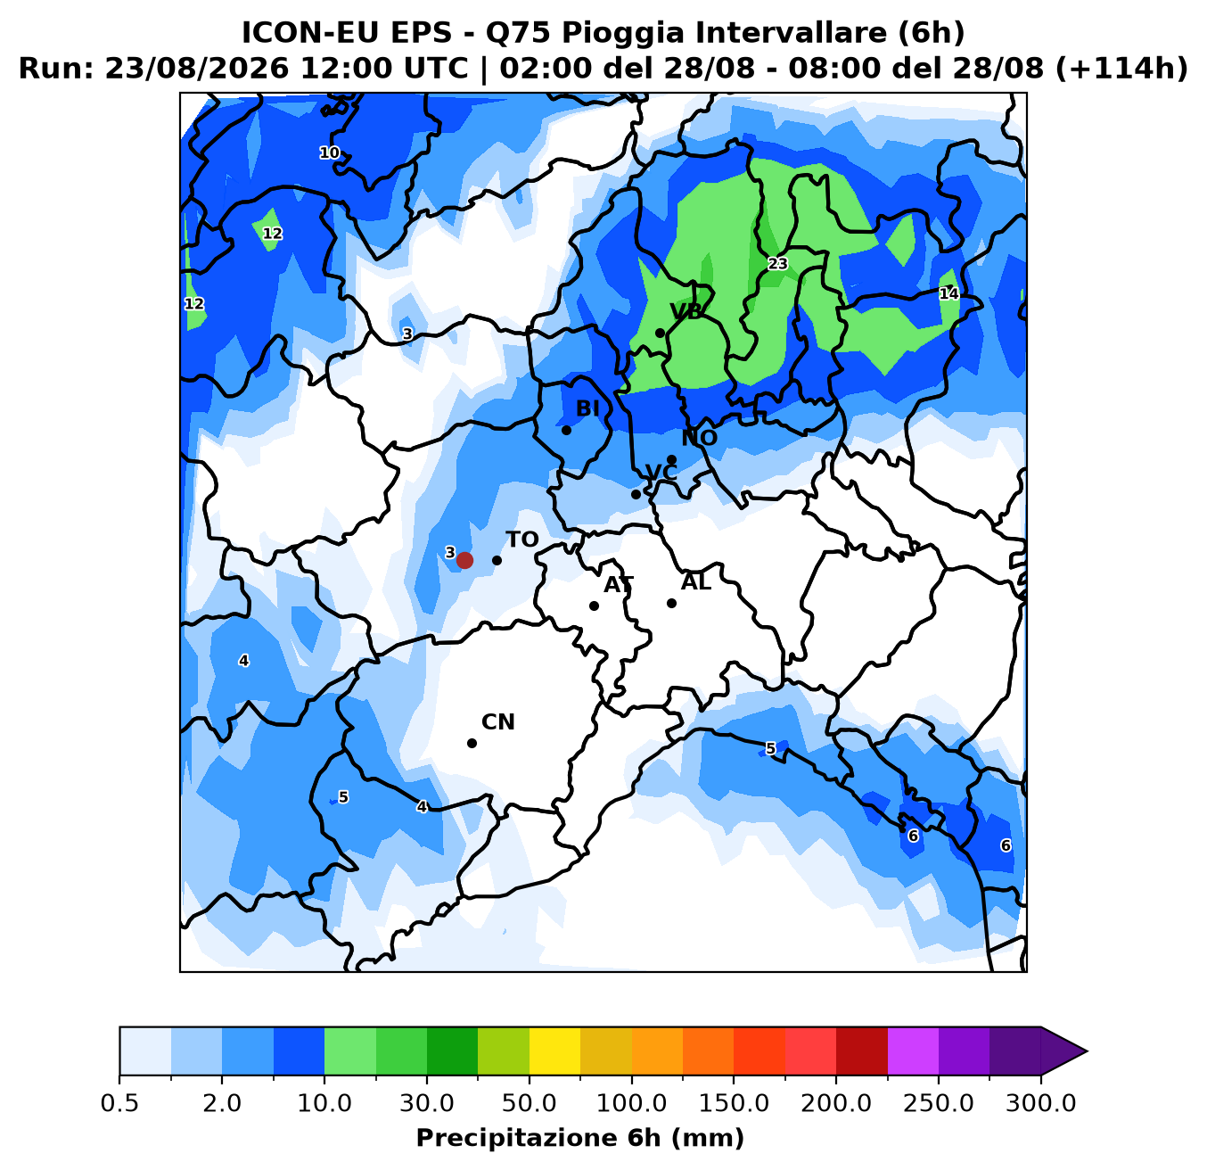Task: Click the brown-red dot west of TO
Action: (464, 560)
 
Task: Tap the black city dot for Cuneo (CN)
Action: (472, 743)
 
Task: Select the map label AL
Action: (695, 582)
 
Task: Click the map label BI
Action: (587, 408)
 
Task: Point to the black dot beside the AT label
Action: (594, 606)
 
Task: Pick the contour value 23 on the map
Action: (778, 264)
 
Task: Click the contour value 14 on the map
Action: (948, 293)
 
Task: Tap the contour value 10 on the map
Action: (329, 152)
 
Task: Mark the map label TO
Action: (521, 540)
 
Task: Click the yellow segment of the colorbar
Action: (554, 1051)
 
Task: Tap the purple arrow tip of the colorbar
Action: (1086, 1051)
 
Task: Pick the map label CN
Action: (498, 722)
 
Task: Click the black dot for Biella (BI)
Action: (566, 430)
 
